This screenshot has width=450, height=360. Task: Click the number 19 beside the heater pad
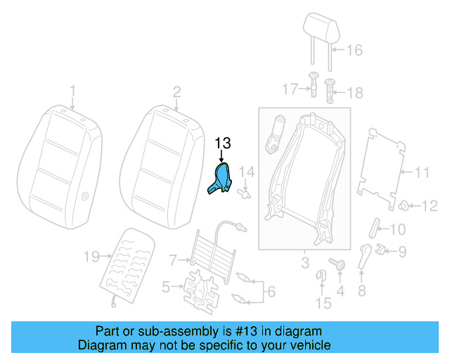[x=91, y=257]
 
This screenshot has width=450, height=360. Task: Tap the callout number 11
[x=421, y=172]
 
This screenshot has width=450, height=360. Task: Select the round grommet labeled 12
[x=405, y=205]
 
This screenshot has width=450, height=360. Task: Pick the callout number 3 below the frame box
[x=305, y=264]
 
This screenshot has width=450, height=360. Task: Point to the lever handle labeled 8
[x=364, y=257]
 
